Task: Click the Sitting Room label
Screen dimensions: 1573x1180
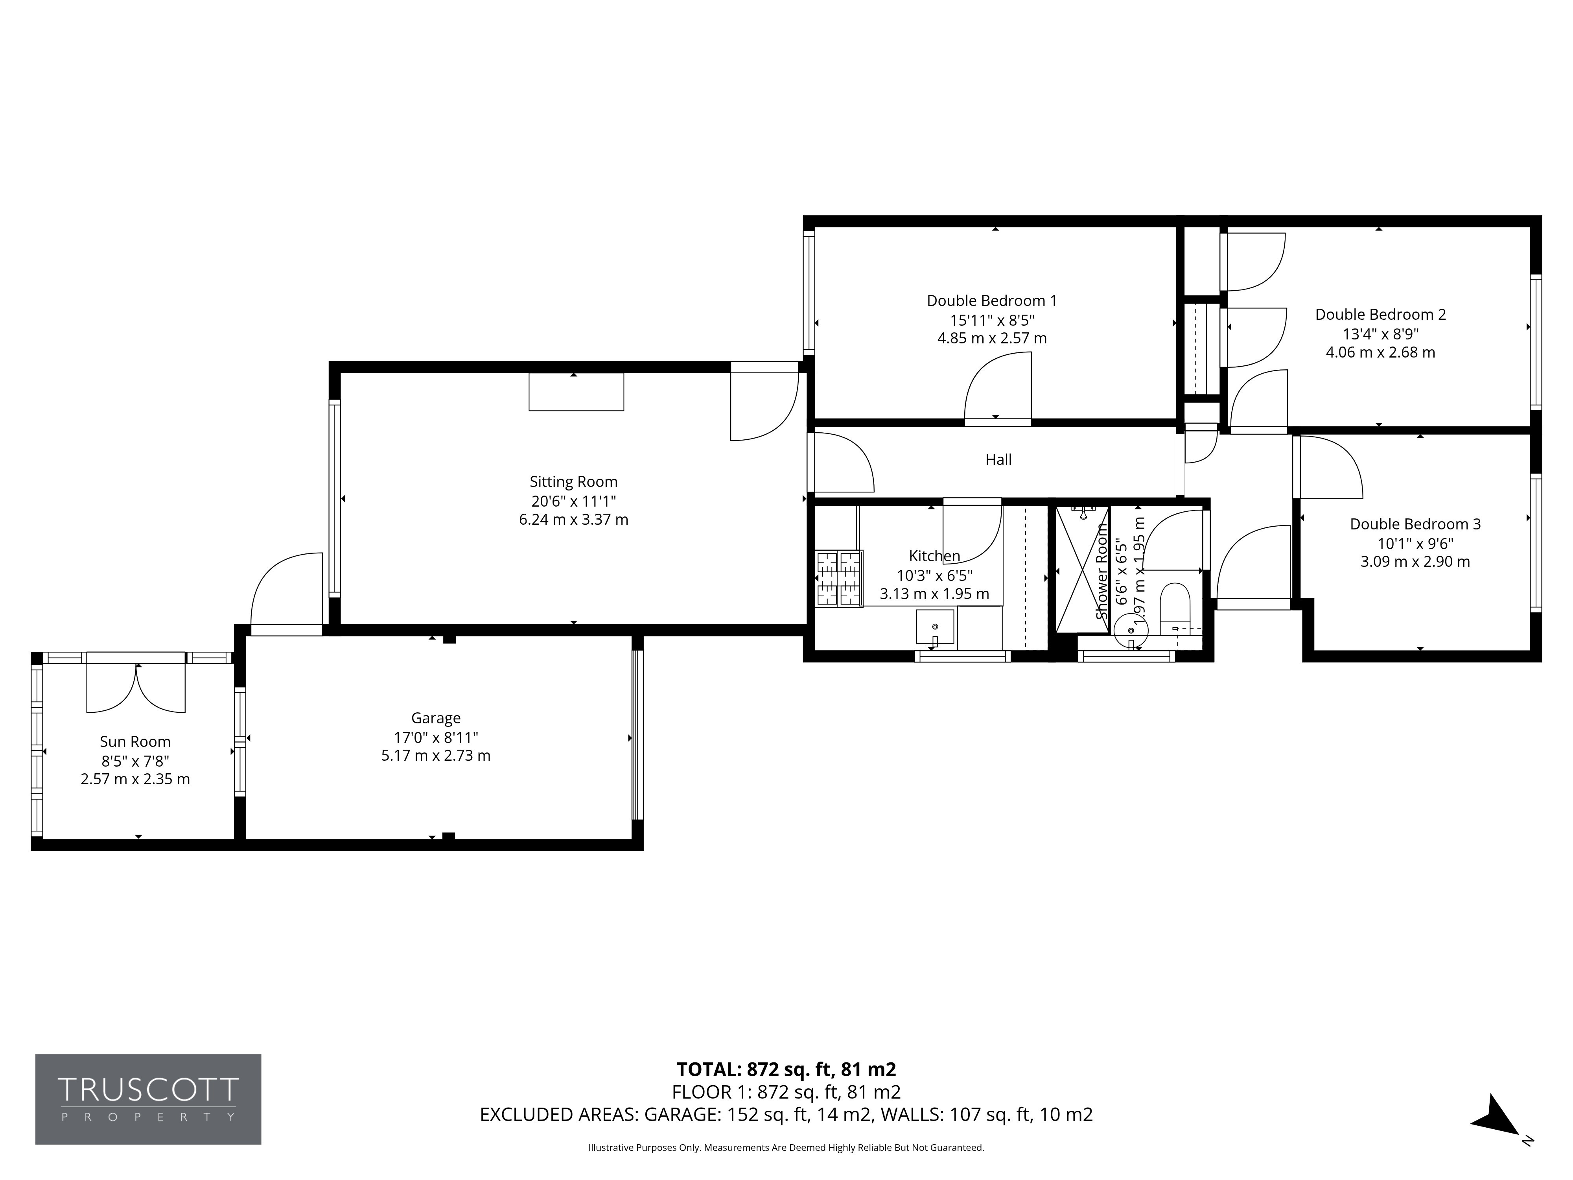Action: point(573,481)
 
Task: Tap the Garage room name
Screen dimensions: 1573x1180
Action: point(436,718)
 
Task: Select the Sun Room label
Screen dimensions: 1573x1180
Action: point(135,742)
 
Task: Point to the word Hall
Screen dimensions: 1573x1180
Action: point(998,459)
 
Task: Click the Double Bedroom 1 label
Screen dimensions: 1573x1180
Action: point(992,301)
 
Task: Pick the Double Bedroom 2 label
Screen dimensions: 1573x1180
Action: point(1380,314)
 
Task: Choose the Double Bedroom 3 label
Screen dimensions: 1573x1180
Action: point(1415,524)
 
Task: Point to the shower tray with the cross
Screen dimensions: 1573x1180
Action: point(1082,570)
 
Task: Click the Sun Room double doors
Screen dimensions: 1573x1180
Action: point(136,687)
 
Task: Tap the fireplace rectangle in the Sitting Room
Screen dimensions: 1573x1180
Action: point(576,392)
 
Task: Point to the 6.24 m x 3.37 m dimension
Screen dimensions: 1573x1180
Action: point(573,519)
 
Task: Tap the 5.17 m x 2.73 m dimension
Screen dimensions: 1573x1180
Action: point(436,755)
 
